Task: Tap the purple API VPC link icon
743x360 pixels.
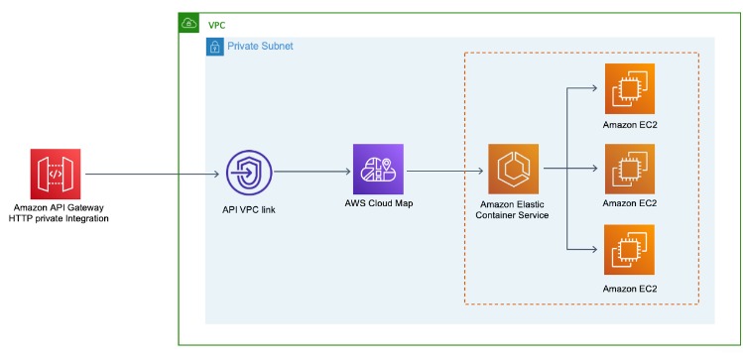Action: click(248, 175)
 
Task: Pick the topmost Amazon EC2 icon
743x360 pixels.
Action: click(630, 88)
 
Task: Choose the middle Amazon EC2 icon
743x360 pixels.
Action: click(630, 169)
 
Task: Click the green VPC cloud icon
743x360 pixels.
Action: click(188, 23)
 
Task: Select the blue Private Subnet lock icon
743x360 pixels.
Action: click(214, 47)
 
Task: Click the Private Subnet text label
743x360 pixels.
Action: click(260, 47)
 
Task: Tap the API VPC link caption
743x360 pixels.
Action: click(249, 211)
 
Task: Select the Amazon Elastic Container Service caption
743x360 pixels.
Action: click(513, 209)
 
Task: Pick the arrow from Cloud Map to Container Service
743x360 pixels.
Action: click(445, 170)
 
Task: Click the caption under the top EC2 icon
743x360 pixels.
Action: click(630, 126)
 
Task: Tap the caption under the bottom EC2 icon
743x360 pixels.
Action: click(630, 288)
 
